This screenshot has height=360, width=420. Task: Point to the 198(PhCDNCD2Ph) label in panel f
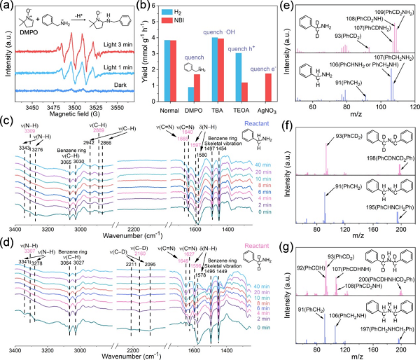pyautogui.click(x=388, y=160)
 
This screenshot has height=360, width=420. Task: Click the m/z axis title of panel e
pyautogui.click(x=358, y=115)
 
